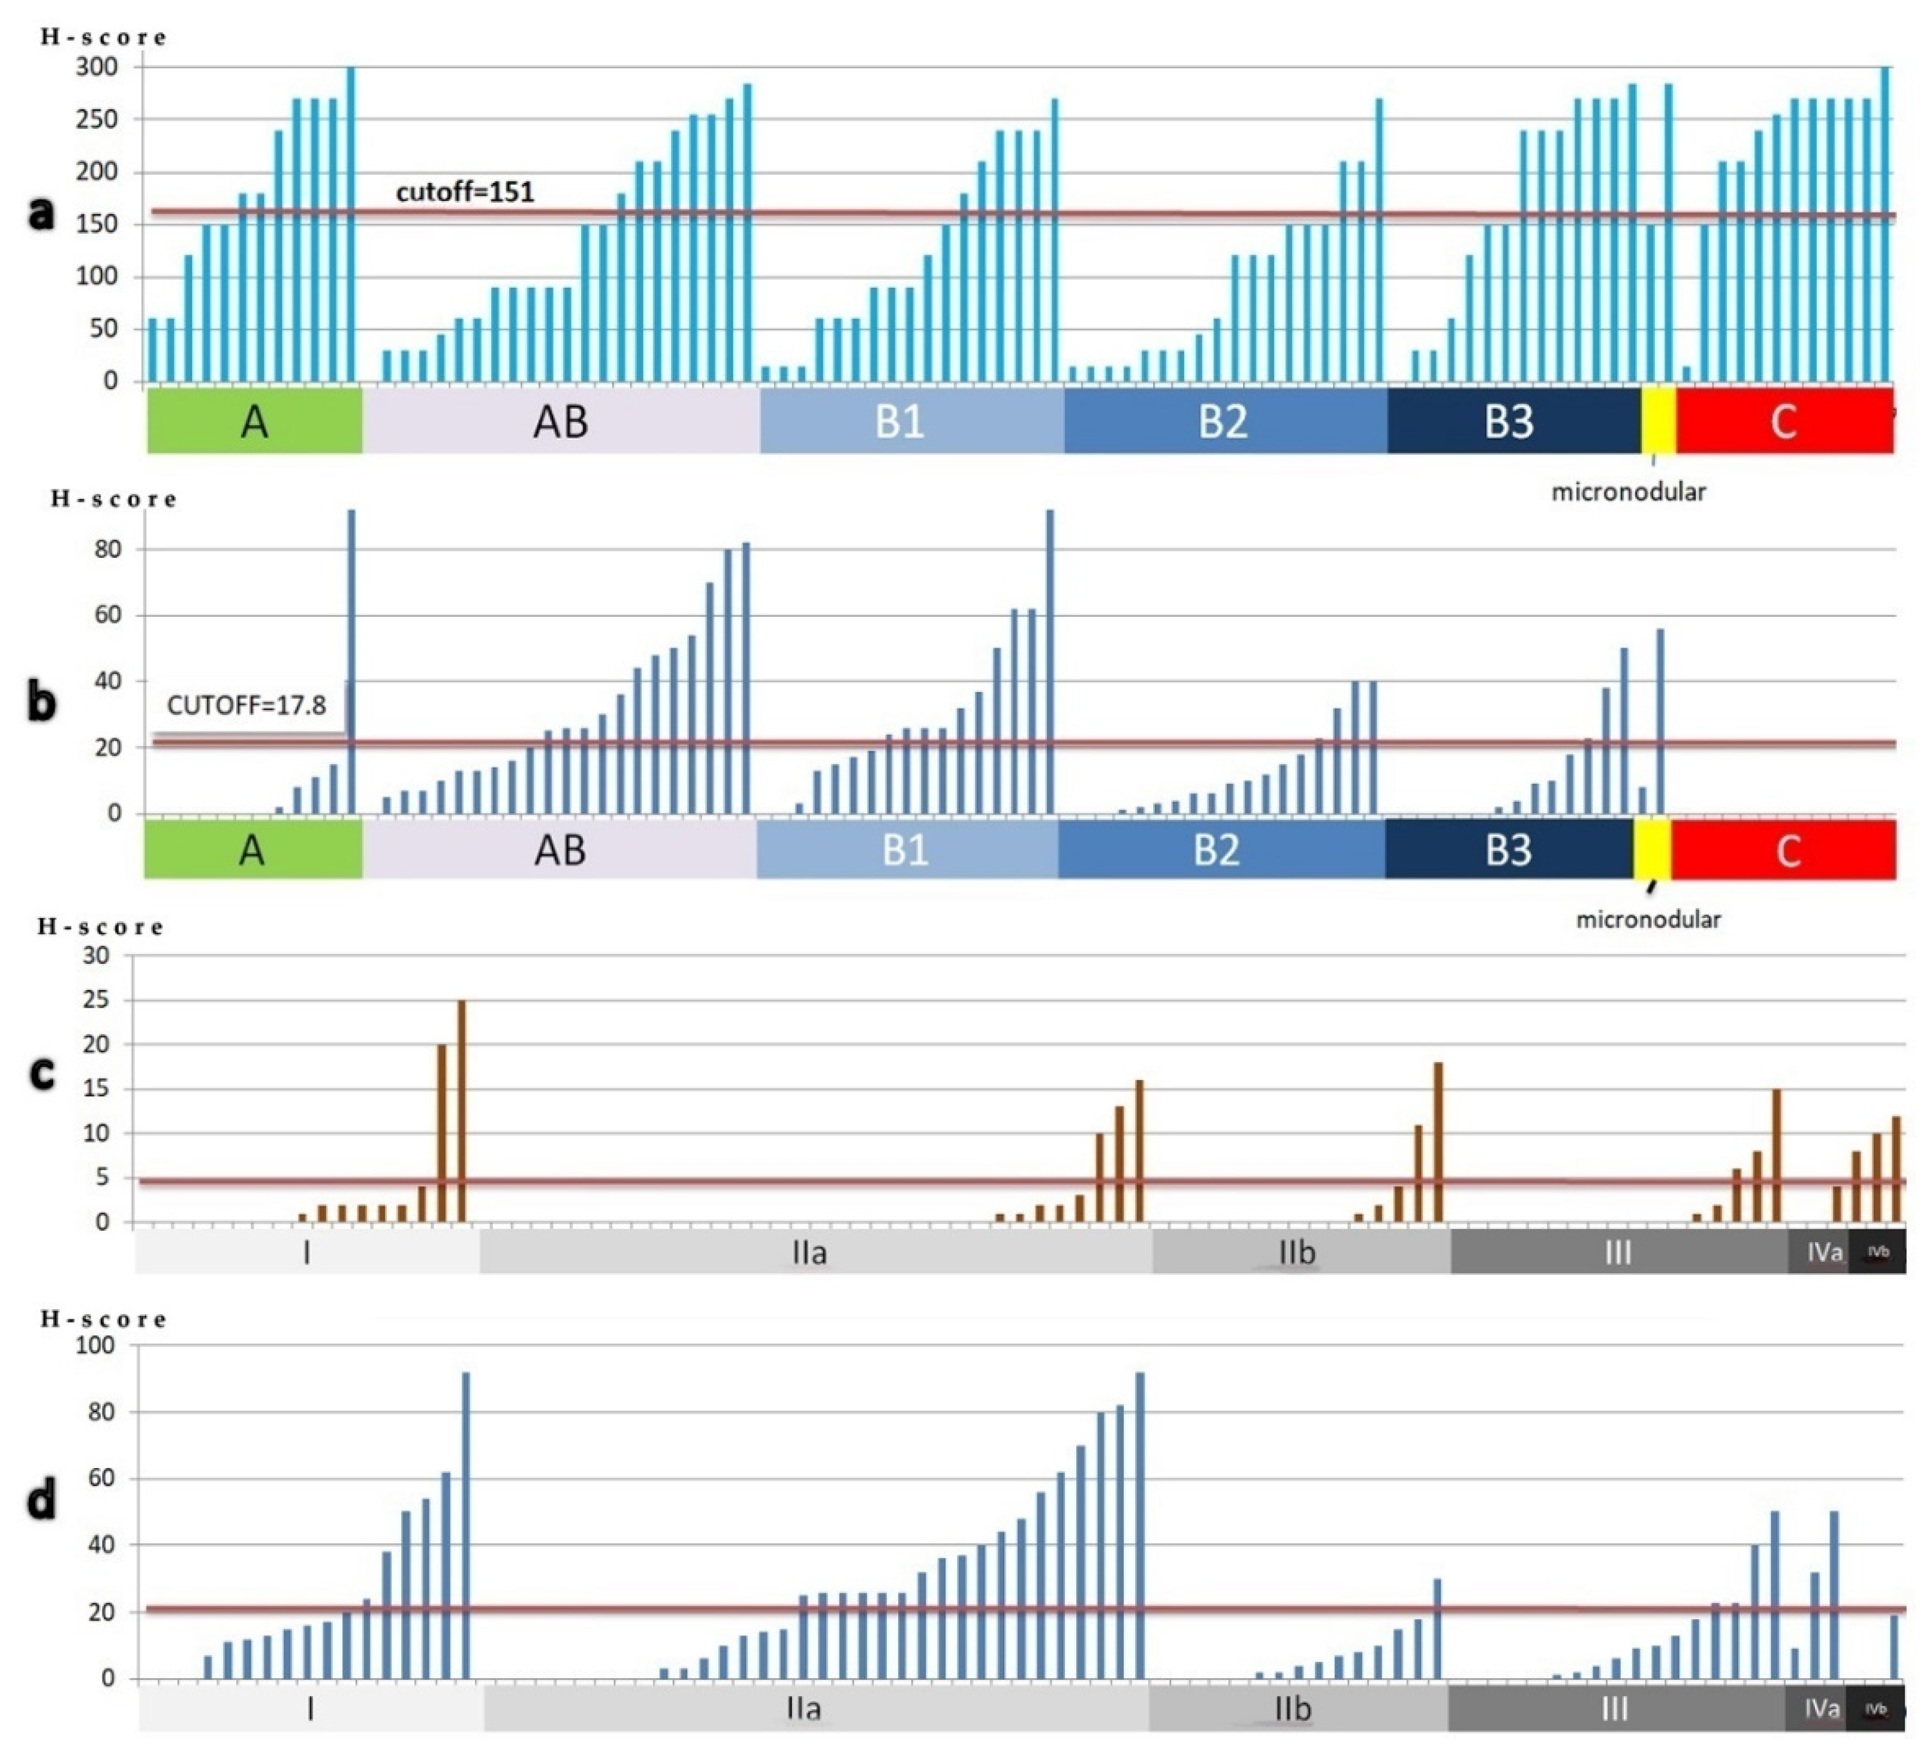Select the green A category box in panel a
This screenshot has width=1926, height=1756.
click(x=254, y=420)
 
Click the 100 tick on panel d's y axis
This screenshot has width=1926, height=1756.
click(x=95, y=1345)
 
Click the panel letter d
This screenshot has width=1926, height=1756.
click(x=41, y=1500)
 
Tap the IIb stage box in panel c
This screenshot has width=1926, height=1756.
click(x=1300, y=1252)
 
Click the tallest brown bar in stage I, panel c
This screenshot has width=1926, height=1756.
click(x=462, y=1111)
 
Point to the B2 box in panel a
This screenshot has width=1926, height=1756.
click(x=1224, y=420)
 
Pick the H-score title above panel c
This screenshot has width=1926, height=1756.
click(x=100, y=927)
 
